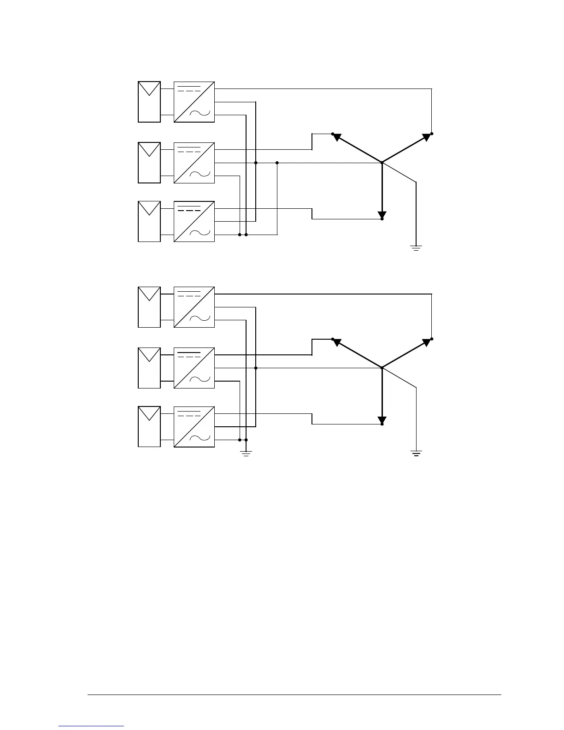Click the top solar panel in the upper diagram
click(149, 102)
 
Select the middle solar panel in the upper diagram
click(149, 163)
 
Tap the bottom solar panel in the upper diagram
click(149, 221)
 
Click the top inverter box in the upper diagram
click(194, 102)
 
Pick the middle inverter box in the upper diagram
click(194, 163)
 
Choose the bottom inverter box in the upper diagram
click(194, 221)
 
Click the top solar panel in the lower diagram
click(149, 307)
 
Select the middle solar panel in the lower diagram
click(149, 368)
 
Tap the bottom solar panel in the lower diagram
click(149, 426)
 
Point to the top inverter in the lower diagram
click(194, 307)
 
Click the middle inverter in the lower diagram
click(194, 368)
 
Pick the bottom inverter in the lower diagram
click(194, 426)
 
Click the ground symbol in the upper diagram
click(416, 248)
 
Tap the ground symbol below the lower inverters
click(246, 453)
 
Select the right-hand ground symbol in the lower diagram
click(416, 453)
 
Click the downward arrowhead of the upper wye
click(382, 215)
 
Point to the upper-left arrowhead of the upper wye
click(337, 137)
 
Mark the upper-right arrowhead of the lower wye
click(427, 342)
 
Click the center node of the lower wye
click(382, 368)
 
